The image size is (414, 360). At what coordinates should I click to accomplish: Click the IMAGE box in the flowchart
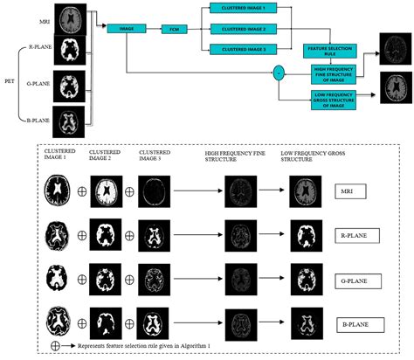(x=127, y=30)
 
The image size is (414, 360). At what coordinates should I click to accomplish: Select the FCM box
(x=175, y=30)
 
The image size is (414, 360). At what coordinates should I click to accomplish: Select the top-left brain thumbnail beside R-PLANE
(x=73, y=54)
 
